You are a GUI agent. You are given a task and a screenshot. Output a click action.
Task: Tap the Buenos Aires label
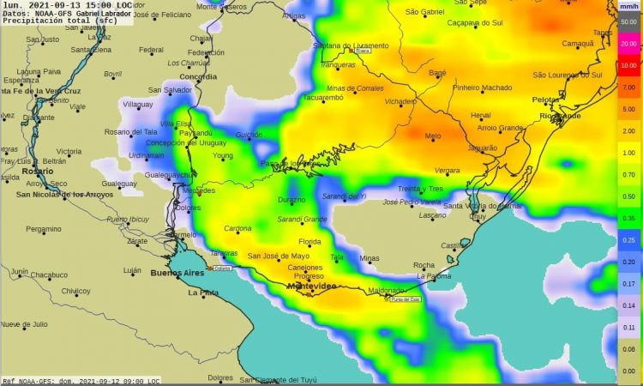click(177, 274)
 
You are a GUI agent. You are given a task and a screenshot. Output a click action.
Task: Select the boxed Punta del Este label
click(406, 299)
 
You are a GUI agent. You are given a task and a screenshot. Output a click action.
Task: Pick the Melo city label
click(433, 136)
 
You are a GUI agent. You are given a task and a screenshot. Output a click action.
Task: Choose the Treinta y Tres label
click(420, 189)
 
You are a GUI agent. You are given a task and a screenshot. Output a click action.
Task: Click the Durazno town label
click(291, 200)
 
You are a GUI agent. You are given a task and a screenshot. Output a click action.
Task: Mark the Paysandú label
click(196, 133)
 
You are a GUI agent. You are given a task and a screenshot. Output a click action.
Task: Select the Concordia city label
click(198, 76)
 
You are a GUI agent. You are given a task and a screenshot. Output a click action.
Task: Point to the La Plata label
click(203, 293)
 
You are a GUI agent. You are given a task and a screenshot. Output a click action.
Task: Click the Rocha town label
click(424, 265)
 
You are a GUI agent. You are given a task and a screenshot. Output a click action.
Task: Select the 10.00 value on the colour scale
click(628, 65)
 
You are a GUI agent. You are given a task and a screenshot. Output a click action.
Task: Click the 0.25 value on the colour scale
click(628, 240)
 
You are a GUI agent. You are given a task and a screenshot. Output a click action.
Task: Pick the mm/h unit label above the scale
click(628, 7)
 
